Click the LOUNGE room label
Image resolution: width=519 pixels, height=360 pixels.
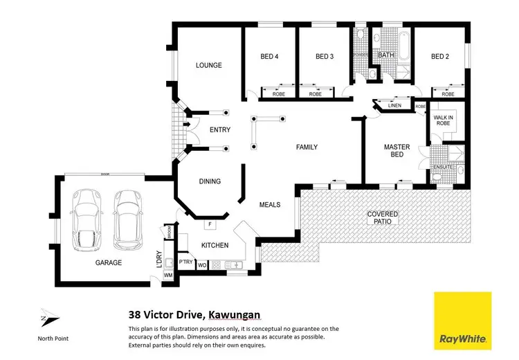point(208,66)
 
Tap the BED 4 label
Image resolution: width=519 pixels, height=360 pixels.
point(269,57)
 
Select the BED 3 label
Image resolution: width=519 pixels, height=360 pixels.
point(325,57)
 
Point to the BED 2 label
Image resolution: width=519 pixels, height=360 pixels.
point(441,57)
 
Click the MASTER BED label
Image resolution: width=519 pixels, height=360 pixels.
point(397,151)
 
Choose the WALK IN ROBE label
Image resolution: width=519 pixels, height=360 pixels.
point(443,120)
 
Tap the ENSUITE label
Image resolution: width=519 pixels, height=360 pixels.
point(441,168)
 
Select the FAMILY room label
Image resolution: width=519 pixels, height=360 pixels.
point(307,147)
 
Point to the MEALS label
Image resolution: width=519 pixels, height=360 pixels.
point(270,205)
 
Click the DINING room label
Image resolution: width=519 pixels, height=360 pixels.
point(210,181)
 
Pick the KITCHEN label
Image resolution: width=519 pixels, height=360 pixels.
point(215,245)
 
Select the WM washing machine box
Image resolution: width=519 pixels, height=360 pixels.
point(167,276)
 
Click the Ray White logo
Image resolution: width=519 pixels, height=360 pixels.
point(462,321)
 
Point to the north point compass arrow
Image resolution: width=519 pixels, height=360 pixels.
point(46,318)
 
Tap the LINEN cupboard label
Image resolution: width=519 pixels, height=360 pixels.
point(394,105)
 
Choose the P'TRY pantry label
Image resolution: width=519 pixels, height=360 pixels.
point(185,263)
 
